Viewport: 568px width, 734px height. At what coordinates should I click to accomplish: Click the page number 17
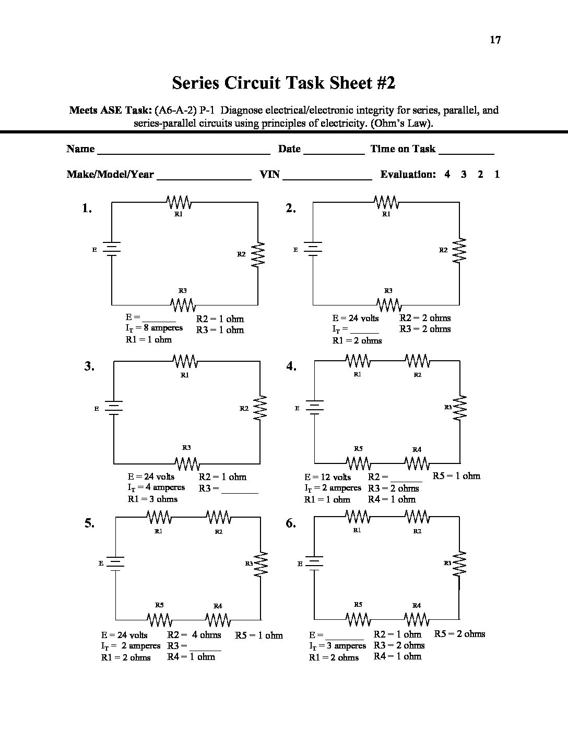[x=495, y=40]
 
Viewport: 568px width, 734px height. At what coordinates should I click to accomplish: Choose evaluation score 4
[x=447, y=175]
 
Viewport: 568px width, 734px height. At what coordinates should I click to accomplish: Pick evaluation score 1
[x=497, y=175]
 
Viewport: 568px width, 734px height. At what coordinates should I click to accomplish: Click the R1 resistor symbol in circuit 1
[x=178, y=202]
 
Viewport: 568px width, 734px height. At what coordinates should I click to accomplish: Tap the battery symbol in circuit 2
[x=313, y=249]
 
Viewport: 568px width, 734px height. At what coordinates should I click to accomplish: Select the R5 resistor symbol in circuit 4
[x=358, y=462]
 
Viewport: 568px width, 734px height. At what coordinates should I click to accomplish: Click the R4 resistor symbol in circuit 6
[x=417, y=618]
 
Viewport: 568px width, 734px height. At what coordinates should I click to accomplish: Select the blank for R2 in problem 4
[x=406, y=479]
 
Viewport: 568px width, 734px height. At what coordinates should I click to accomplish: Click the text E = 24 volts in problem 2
[x=356, y=318]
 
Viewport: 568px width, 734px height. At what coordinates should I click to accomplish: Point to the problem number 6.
[x=291, y=524]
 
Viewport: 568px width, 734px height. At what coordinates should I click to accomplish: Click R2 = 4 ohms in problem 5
[x=194, y=635]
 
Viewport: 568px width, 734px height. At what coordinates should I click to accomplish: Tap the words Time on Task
[x=403, y=149]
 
